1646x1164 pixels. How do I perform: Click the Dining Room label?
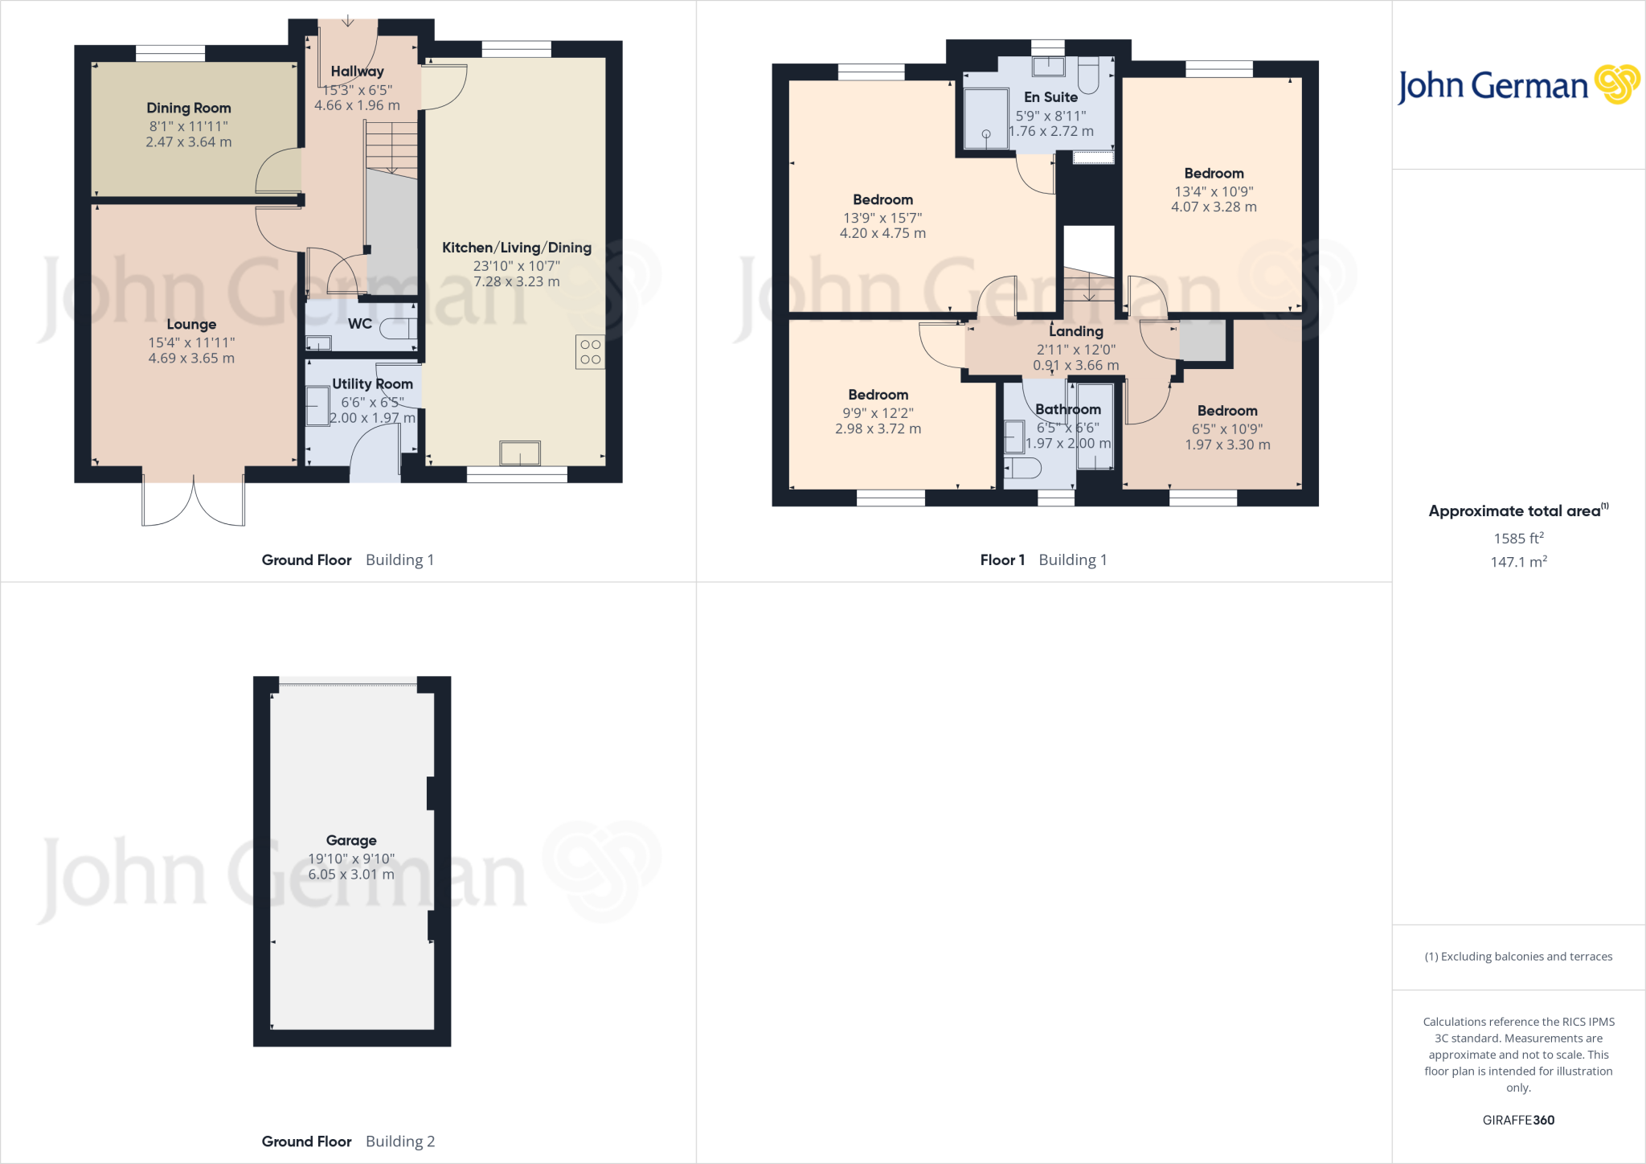[188, 108]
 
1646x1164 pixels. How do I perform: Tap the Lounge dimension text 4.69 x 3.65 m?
[191, 359]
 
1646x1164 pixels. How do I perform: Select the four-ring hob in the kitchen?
[590, 352]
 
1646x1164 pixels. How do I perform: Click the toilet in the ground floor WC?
[399, 328]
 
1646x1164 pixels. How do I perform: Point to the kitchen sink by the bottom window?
[519, 453]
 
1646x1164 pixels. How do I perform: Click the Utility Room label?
[372, 384]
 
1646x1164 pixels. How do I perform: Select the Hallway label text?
[357, 72]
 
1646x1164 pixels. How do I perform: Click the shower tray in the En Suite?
[986, 119]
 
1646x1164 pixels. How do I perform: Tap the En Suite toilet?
[1088, 76]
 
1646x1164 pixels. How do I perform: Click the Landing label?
[1075, 331]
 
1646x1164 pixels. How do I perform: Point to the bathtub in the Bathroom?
[1095, 426]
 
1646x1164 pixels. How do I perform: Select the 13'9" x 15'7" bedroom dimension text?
[882, 218]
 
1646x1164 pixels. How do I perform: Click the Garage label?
[351, 840]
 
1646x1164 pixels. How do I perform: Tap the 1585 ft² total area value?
[1518, 538]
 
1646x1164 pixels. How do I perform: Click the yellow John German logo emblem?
[1617, 84]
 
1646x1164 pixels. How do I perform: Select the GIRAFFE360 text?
[1518, 1120]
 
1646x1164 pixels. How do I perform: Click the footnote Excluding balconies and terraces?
[1518, 957]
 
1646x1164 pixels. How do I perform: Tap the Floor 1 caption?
[1002, 560]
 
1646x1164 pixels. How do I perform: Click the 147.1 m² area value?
[1518, 562]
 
